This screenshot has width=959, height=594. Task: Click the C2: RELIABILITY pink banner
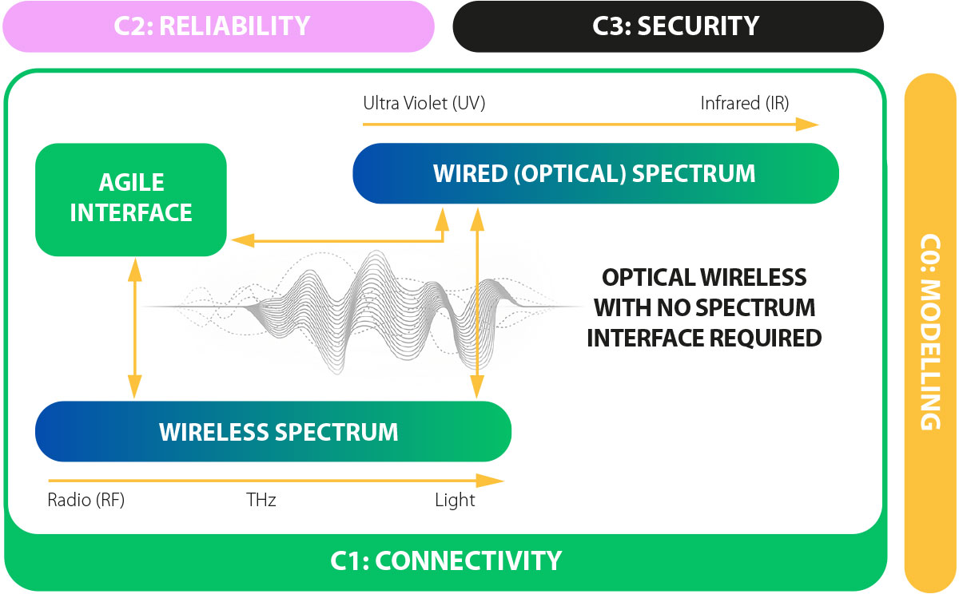(217, 26)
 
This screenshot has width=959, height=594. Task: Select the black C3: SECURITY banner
(668, 26)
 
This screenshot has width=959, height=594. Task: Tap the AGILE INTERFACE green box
(131, 199)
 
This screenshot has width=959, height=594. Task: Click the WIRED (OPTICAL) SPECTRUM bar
(595, 173)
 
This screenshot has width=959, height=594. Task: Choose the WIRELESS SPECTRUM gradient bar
(272, 432)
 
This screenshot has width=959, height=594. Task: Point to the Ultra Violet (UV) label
(424, 103)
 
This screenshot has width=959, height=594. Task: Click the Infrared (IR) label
(743, 103)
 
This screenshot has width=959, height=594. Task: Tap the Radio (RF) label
(86, 501)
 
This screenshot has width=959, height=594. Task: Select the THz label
(261, 501)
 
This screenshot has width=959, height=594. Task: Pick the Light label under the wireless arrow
(455, 501)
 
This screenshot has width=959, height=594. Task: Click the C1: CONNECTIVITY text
(446, 560)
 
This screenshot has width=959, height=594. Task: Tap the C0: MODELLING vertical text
(930, 332)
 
